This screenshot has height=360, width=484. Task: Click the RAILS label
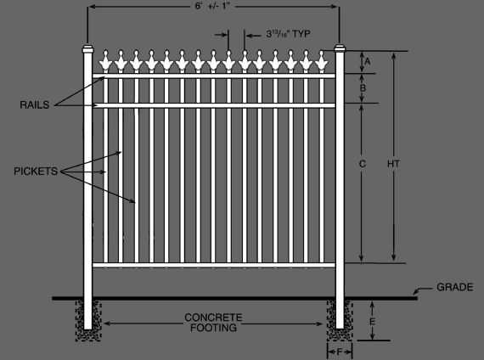pyautogui.click(x=35, y=105)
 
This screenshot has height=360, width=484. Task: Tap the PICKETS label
pyautogui.click(x=36, y=171)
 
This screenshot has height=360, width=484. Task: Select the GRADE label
pyautogui.click(x=454, y=287)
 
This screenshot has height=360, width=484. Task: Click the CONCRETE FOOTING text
pyautogui.click(x=213, y=323)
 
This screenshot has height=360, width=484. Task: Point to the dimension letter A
pyautogui.click(x=368, y=61)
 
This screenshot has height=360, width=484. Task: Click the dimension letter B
pyautogui.click(x=363, y=88)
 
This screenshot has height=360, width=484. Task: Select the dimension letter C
pyautogui.click(x=363, y=164)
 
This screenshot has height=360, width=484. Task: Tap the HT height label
pyautogui.click(x=393, y=164)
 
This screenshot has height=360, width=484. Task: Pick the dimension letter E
pyautogui.click(x=372, y=322)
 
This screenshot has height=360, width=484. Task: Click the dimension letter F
pyautogui.click(x=340, y=352)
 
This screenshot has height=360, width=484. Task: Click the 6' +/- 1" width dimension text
pyautogui.click(x=213, y=7)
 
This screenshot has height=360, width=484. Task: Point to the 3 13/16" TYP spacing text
pyautogui.click(x=288, y=34)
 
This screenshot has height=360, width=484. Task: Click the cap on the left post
pyautogui.click(x=87, y=48)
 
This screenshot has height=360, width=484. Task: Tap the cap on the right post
pyautogui.click(x=340, y=48)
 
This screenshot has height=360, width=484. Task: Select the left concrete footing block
pyautogui.click(x=88, y=320)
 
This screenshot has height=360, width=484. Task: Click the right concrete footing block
pyautogui.click(x=340, y=320)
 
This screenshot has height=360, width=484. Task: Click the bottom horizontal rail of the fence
pyautogui.click(x=214, y=265)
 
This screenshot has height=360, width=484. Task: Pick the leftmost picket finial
pyautogui.click(x=105, y=61)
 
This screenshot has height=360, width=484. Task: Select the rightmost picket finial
pyautogui.click(x=321, y=61)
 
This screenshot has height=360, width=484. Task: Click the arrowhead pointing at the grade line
pyautogui.click(x=416, y=291)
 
